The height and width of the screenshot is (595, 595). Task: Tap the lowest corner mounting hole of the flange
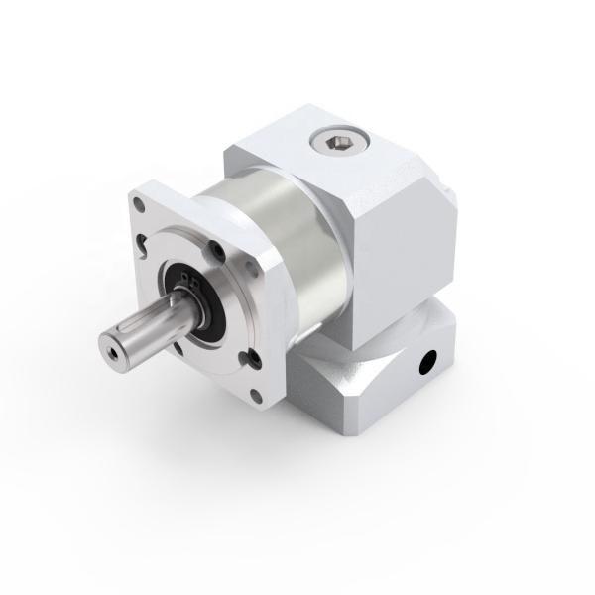point(257,397)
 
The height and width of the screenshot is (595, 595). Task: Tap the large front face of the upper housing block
point(392,228)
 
